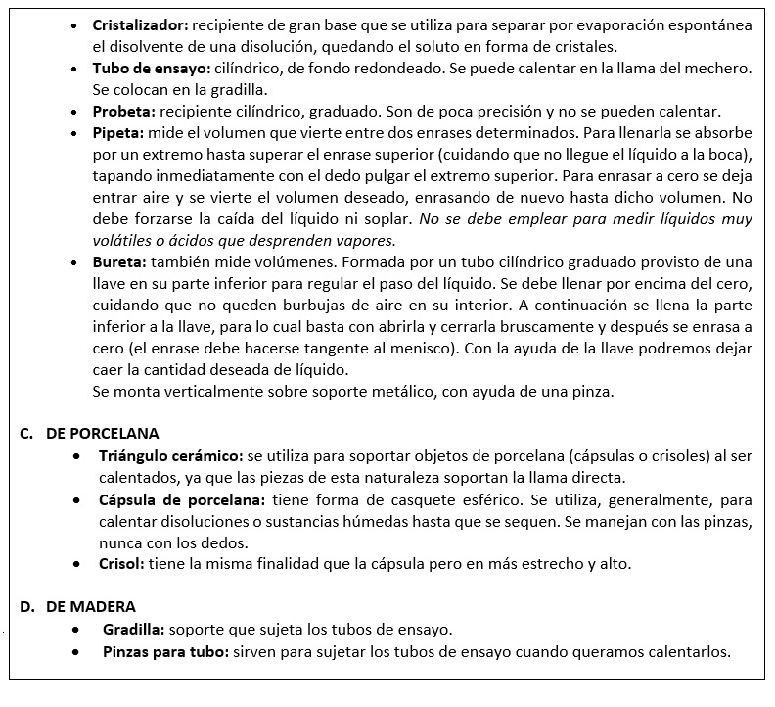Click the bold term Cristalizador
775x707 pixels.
click(138, 23)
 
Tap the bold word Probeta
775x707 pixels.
click(122, 111)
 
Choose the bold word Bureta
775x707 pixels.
click(118, 262)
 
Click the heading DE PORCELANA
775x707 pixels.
click(102, 433)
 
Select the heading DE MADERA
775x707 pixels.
click(90, 607)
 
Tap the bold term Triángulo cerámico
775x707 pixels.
click(170, 455)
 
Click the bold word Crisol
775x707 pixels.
click(120, 565)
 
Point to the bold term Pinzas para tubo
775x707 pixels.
click(163, 652)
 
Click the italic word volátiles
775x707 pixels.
click(122, 241)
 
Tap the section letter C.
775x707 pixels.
click(26, 433)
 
